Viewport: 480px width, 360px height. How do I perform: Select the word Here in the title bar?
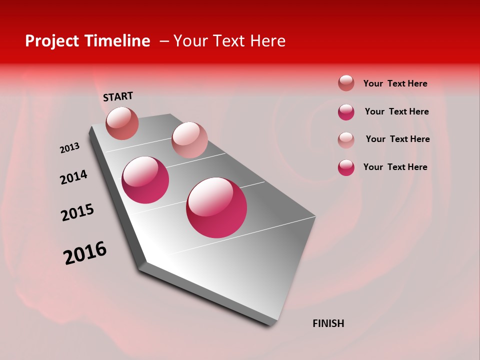[267, 41]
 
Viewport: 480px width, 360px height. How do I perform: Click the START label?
[118, 96]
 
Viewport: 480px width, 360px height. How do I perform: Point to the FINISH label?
[328, 323]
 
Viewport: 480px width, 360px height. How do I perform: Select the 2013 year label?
[69, 148]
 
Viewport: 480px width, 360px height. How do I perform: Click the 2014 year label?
[73, 177]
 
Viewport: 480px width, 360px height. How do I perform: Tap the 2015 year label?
[77, 212]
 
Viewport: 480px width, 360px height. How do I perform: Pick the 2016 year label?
[85, 253]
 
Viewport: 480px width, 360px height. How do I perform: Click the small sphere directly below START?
[122, 123]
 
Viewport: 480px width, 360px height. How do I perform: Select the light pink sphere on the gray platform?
[189, 140]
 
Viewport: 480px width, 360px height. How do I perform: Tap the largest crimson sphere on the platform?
[216, 207]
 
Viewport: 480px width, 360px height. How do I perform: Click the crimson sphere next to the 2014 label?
[145, 180]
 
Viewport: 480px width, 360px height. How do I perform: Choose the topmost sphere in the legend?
[346, 83]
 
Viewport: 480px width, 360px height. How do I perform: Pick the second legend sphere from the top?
[346, 112]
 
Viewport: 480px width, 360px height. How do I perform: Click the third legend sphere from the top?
[346, 139]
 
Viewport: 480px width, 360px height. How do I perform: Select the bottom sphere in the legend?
[346, 167]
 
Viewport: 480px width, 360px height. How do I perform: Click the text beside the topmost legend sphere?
[395, 83]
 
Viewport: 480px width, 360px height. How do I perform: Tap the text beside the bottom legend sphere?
[395, 167]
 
